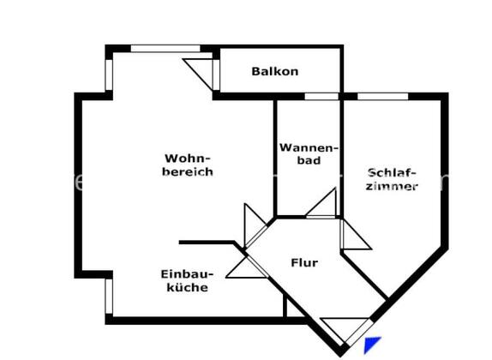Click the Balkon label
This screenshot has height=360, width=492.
(x=275, y=71)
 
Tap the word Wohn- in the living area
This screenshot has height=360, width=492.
(x=188, y=159)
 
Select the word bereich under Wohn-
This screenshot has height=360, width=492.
(x=188, y=171)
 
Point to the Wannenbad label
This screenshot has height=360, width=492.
(x=309, y=153)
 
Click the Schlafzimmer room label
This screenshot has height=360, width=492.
(x=392, y=179)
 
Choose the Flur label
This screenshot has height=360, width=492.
(x=304, y=262)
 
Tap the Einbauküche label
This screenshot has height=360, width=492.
(x=188, y=281)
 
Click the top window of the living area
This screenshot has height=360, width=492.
(x=165, y=49)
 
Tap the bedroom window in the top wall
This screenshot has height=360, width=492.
(x=383, y=96)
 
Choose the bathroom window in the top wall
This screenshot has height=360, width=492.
(x=321, y=96)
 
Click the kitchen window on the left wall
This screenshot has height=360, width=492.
(x=109, y=297)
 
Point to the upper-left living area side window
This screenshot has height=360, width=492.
(x=109, y=75)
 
